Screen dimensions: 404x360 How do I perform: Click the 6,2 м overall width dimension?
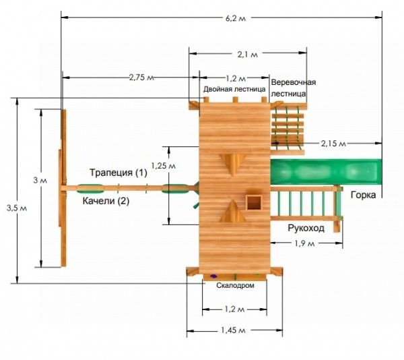235,18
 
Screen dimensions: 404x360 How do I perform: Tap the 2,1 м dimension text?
247,54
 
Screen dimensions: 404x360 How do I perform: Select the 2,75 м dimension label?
141,77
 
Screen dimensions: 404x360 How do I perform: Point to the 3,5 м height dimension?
17,208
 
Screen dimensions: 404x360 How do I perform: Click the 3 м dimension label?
40,180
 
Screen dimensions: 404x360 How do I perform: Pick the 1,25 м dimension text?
164,166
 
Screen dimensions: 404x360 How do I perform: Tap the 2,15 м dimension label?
333,144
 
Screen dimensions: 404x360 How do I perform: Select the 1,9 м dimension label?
304,243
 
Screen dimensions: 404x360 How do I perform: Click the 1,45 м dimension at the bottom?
233,330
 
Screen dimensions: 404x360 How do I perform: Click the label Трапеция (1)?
119,173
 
